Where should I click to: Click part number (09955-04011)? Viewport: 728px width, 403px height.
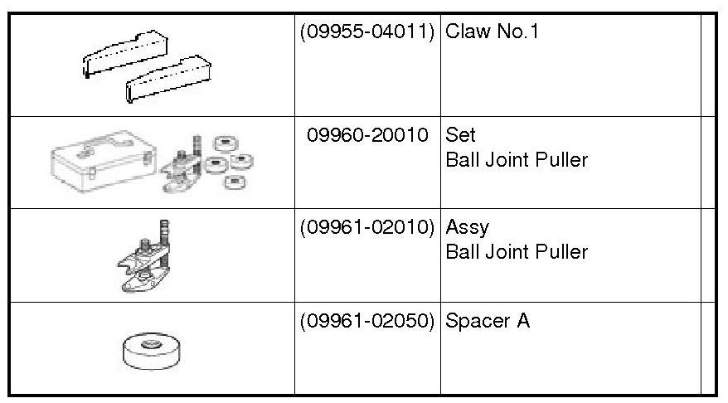click(367, 33)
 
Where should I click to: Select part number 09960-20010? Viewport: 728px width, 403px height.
click(367, 134)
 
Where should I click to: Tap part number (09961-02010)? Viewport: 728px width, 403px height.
click(367, 226)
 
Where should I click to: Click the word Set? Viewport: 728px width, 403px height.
click(461, 134)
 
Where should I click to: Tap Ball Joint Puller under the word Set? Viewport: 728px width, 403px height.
click(517, 159)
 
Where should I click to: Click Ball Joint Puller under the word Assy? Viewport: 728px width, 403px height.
click(517, 251)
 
